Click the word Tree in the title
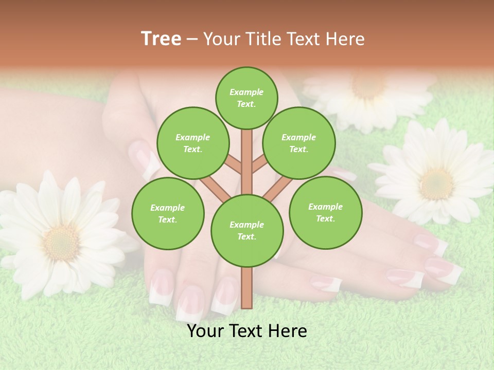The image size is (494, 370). coord(161,39)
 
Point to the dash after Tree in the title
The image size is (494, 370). coord(192,40)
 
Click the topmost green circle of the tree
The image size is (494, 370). coord(246,98)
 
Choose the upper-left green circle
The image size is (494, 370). coord(192,143)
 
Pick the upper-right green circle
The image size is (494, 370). coord(299,143)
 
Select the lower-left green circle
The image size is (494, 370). coord(168,213)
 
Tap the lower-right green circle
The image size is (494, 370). coord(325,212)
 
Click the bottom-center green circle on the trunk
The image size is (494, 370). coord(247,231)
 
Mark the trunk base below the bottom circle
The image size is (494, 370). coord(247,288)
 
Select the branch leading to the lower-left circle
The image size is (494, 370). coord(215,188)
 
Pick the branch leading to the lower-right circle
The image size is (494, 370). coord(278,188)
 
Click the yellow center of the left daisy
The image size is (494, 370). coord(61,242)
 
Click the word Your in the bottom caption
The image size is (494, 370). coord(205,331)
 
